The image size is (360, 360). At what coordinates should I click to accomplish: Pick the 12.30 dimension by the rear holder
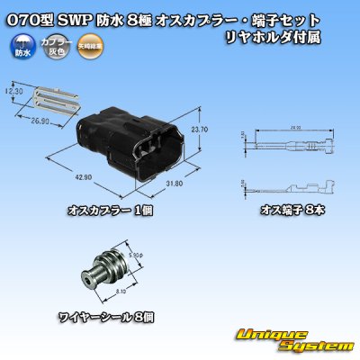coord(13,91)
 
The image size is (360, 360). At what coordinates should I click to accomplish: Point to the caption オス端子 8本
coord(292,210)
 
